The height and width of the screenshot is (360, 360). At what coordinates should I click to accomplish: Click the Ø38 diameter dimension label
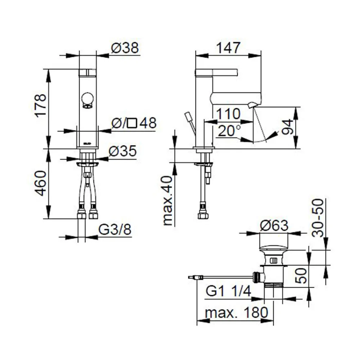click(125, 48)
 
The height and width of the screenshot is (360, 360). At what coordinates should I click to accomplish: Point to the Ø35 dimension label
click(123, 151)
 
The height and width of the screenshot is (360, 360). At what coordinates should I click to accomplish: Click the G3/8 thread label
click(115, 229)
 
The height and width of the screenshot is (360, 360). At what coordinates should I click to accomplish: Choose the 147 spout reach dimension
click(228, 48)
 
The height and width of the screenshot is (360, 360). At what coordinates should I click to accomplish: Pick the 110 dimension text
click(228, 114)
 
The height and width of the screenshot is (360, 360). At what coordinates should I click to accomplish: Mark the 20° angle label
click(229, 131)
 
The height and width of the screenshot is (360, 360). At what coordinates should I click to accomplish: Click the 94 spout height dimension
click(287, 127)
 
